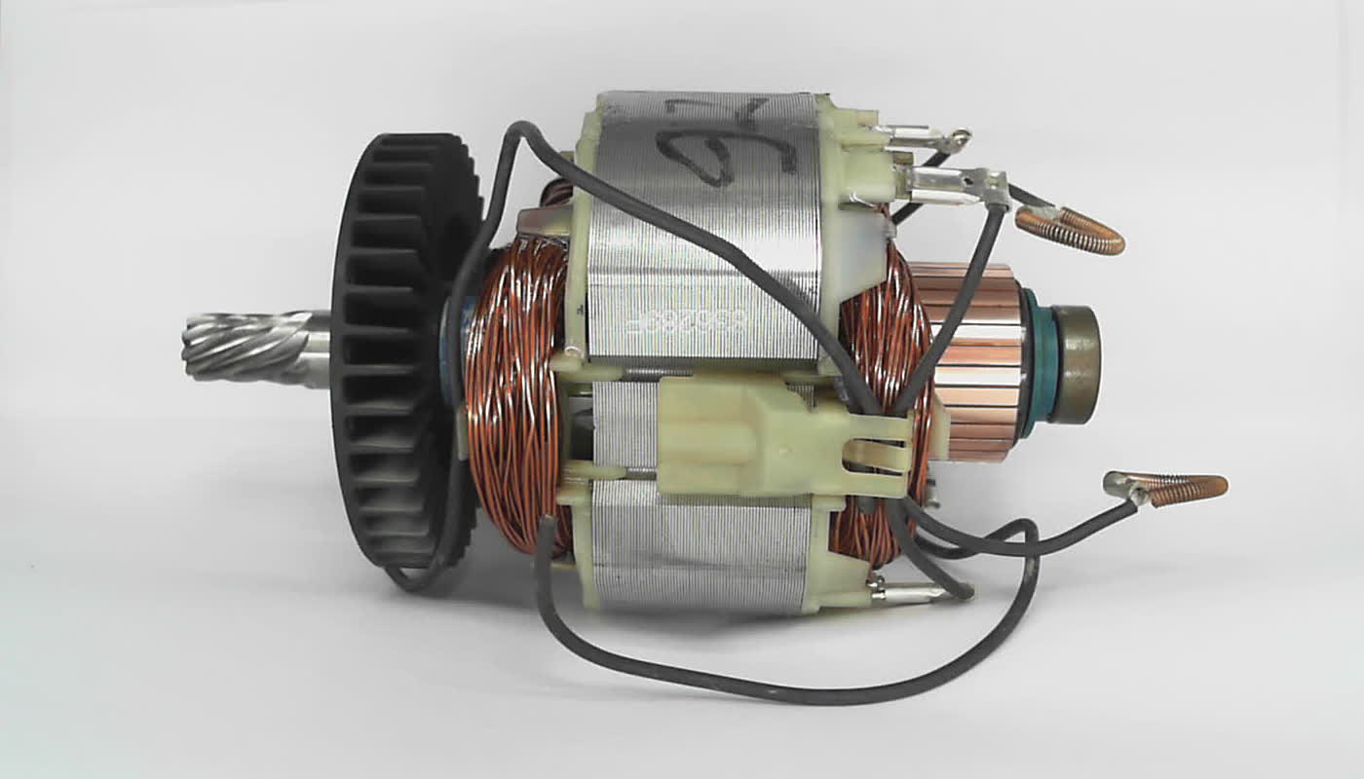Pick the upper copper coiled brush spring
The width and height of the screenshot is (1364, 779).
pos(1072,231)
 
